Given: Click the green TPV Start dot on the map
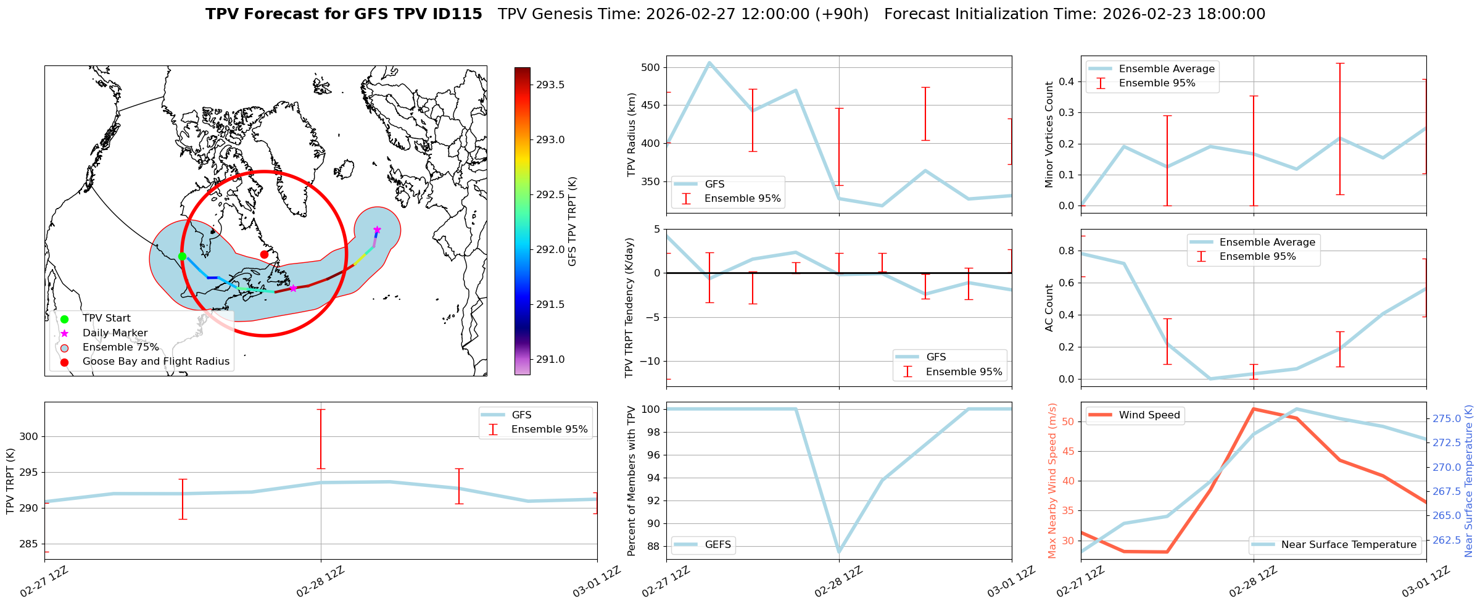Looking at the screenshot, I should (182, 256).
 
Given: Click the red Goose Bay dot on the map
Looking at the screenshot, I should (264, 254).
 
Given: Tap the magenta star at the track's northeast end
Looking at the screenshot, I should (377, 230).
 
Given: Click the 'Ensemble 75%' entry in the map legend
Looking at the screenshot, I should (120, 347).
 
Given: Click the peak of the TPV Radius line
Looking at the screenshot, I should (709, 62).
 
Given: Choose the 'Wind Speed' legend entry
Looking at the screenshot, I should (1149, 415).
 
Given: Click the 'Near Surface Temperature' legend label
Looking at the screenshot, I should (1349, 545).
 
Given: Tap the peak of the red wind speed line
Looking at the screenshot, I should (1254, 409).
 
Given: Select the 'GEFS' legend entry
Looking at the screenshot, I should (717, 545).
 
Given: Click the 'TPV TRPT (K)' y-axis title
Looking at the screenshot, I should (10, 481).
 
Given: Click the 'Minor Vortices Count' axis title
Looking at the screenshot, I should (1049, 135).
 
